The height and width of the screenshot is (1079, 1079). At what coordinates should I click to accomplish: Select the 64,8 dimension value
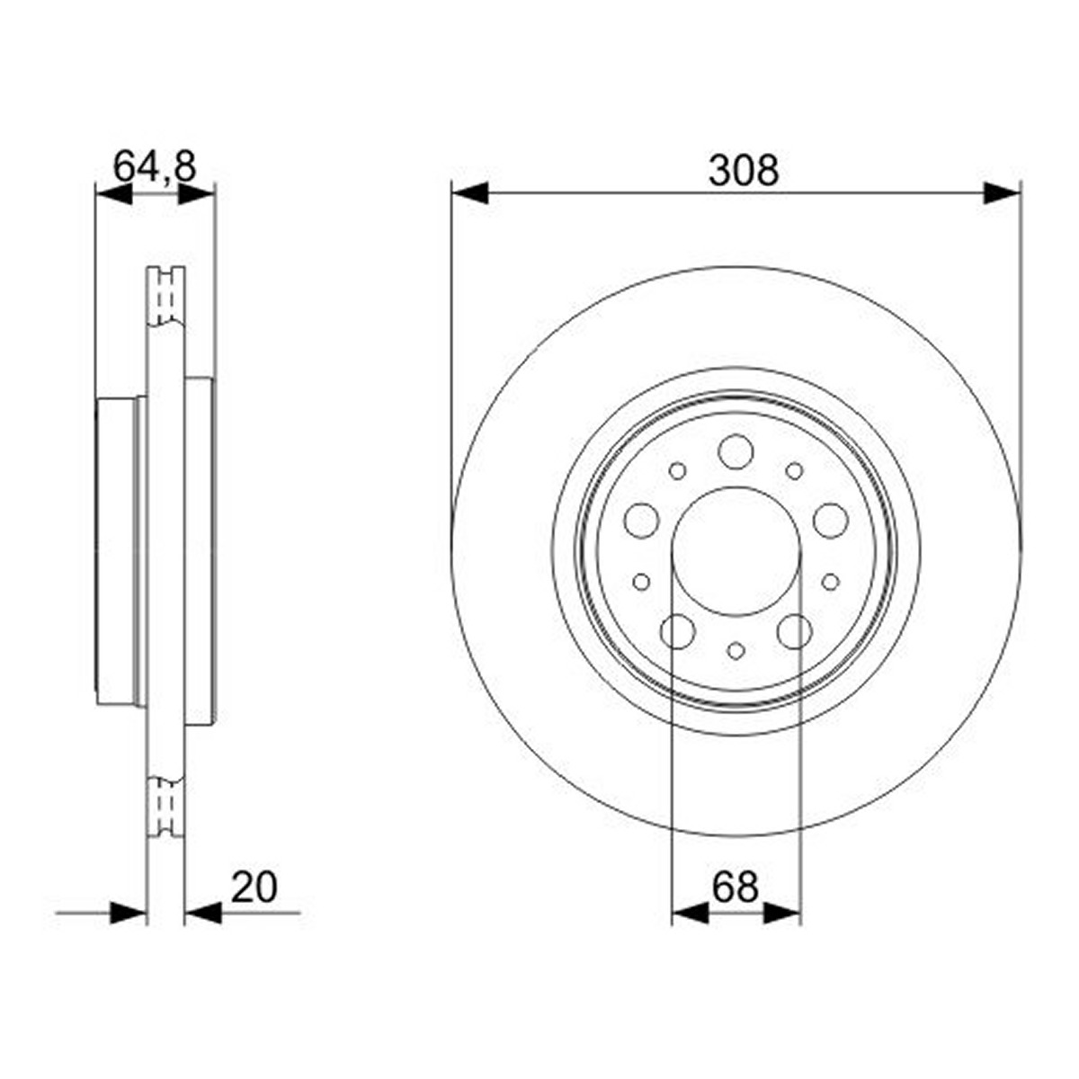(x=155, y=166)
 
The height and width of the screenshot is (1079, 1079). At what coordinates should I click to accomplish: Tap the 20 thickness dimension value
(x=254, y=887)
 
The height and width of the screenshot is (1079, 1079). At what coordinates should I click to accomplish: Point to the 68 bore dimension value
(x=736, y=887)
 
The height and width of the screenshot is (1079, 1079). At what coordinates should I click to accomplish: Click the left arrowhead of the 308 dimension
(x=469, y=193)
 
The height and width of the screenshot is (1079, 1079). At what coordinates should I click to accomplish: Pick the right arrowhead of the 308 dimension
(x=1002, y=193)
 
